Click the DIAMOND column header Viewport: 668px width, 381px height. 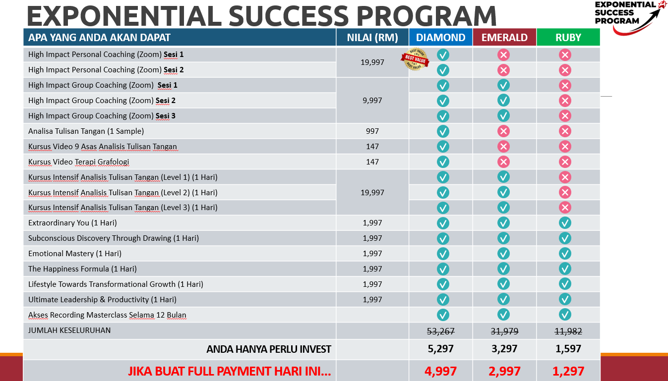440,38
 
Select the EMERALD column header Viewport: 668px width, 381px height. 504,38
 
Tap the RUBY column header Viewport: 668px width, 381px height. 568,38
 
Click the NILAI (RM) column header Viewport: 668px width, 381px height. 372,38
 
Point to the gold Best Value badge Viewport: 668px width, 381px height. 415,59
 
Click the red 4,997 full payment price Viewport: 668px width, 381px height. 440,371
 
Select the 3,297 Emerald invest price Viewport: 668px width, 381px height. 504,349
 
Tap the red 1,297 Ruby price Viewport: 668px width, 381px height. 568,371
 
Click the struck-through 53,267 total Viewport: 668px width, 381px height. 440,331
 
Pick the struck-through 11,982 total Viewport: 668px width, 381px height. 568,331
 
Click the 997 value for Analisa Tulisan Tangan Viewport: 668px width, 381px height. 372,131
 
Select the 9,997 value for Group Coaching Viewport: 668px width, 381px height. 372,101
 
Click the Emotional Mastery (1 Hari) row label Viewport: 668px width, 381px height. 75,254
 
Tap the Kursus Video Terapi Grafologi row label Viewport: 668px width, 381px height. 78,162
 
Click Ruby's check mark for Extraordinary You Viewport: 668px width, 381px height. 565,223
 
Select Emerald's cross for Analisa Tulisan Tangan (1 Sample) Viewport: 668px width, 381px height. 503,131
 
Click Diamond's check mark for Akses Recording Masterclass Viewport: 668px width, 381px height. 443,315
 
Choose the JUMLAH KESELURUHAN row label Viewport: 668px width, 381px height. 69,330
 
